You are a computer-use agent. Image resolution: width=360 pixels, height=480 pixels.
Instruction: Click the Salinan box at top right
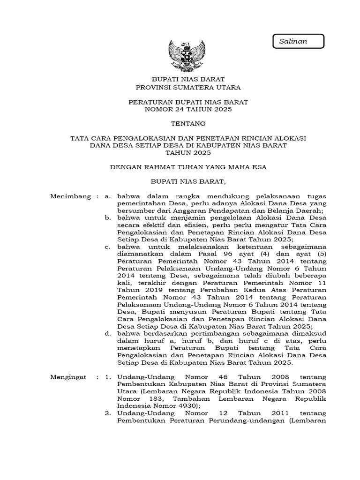298,41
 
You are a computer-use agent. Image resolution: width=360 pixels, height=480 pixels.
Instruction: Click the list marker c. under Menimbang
108,247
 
